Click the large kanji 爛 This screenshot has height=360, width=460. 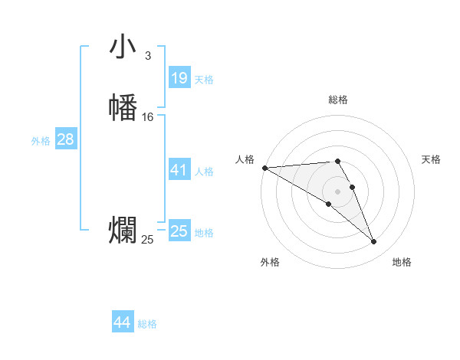click(123, 231)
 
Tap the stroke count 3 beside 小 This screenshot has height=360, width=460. click(148, 55)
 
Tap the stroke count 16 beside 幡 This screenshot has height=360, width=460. click(148, 117)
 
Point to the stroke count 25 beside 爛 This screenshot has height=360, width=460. click(148, 240)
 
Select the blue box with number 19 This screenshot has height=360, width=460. click(179, 77)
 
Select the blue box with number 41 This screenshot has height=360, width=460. click(179, 170)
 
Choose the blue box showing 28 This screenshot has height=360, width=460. click(65, 139)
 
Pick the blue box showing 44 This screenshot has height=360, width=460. click(123, 322)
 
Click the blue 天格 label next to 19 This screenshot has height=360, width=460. click(204, 79)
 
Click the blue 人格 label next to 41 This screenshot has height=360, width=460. click(204, 172)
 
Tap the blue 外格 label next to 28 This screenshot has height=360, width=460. click(41, 141)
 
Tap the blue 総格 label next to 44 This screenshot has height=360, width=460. click(147, 324)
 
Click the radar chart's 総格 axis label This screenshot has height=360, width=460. click(338, 100)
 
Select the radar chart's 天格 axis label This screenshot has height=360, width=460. click(431, 159)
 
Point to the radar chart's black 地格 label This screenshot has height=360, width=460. click(402, 262)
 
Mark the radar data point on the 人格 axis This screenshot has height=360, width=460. click(264, 167)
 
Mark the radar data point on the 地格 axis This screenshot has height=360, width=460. click(374, 242)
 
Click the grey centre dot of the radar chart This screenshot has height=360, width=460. click(338, 191)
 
